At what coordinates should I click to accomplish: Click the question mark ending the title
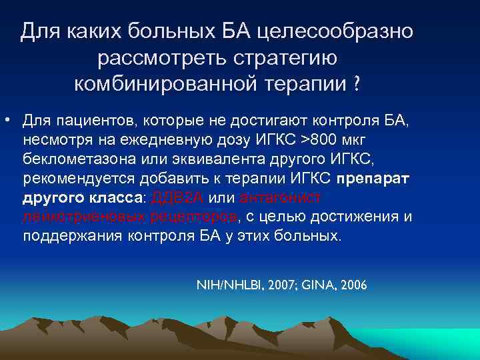click(357, 85)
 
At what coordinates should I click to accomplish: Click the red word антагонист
click(279, 198)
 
